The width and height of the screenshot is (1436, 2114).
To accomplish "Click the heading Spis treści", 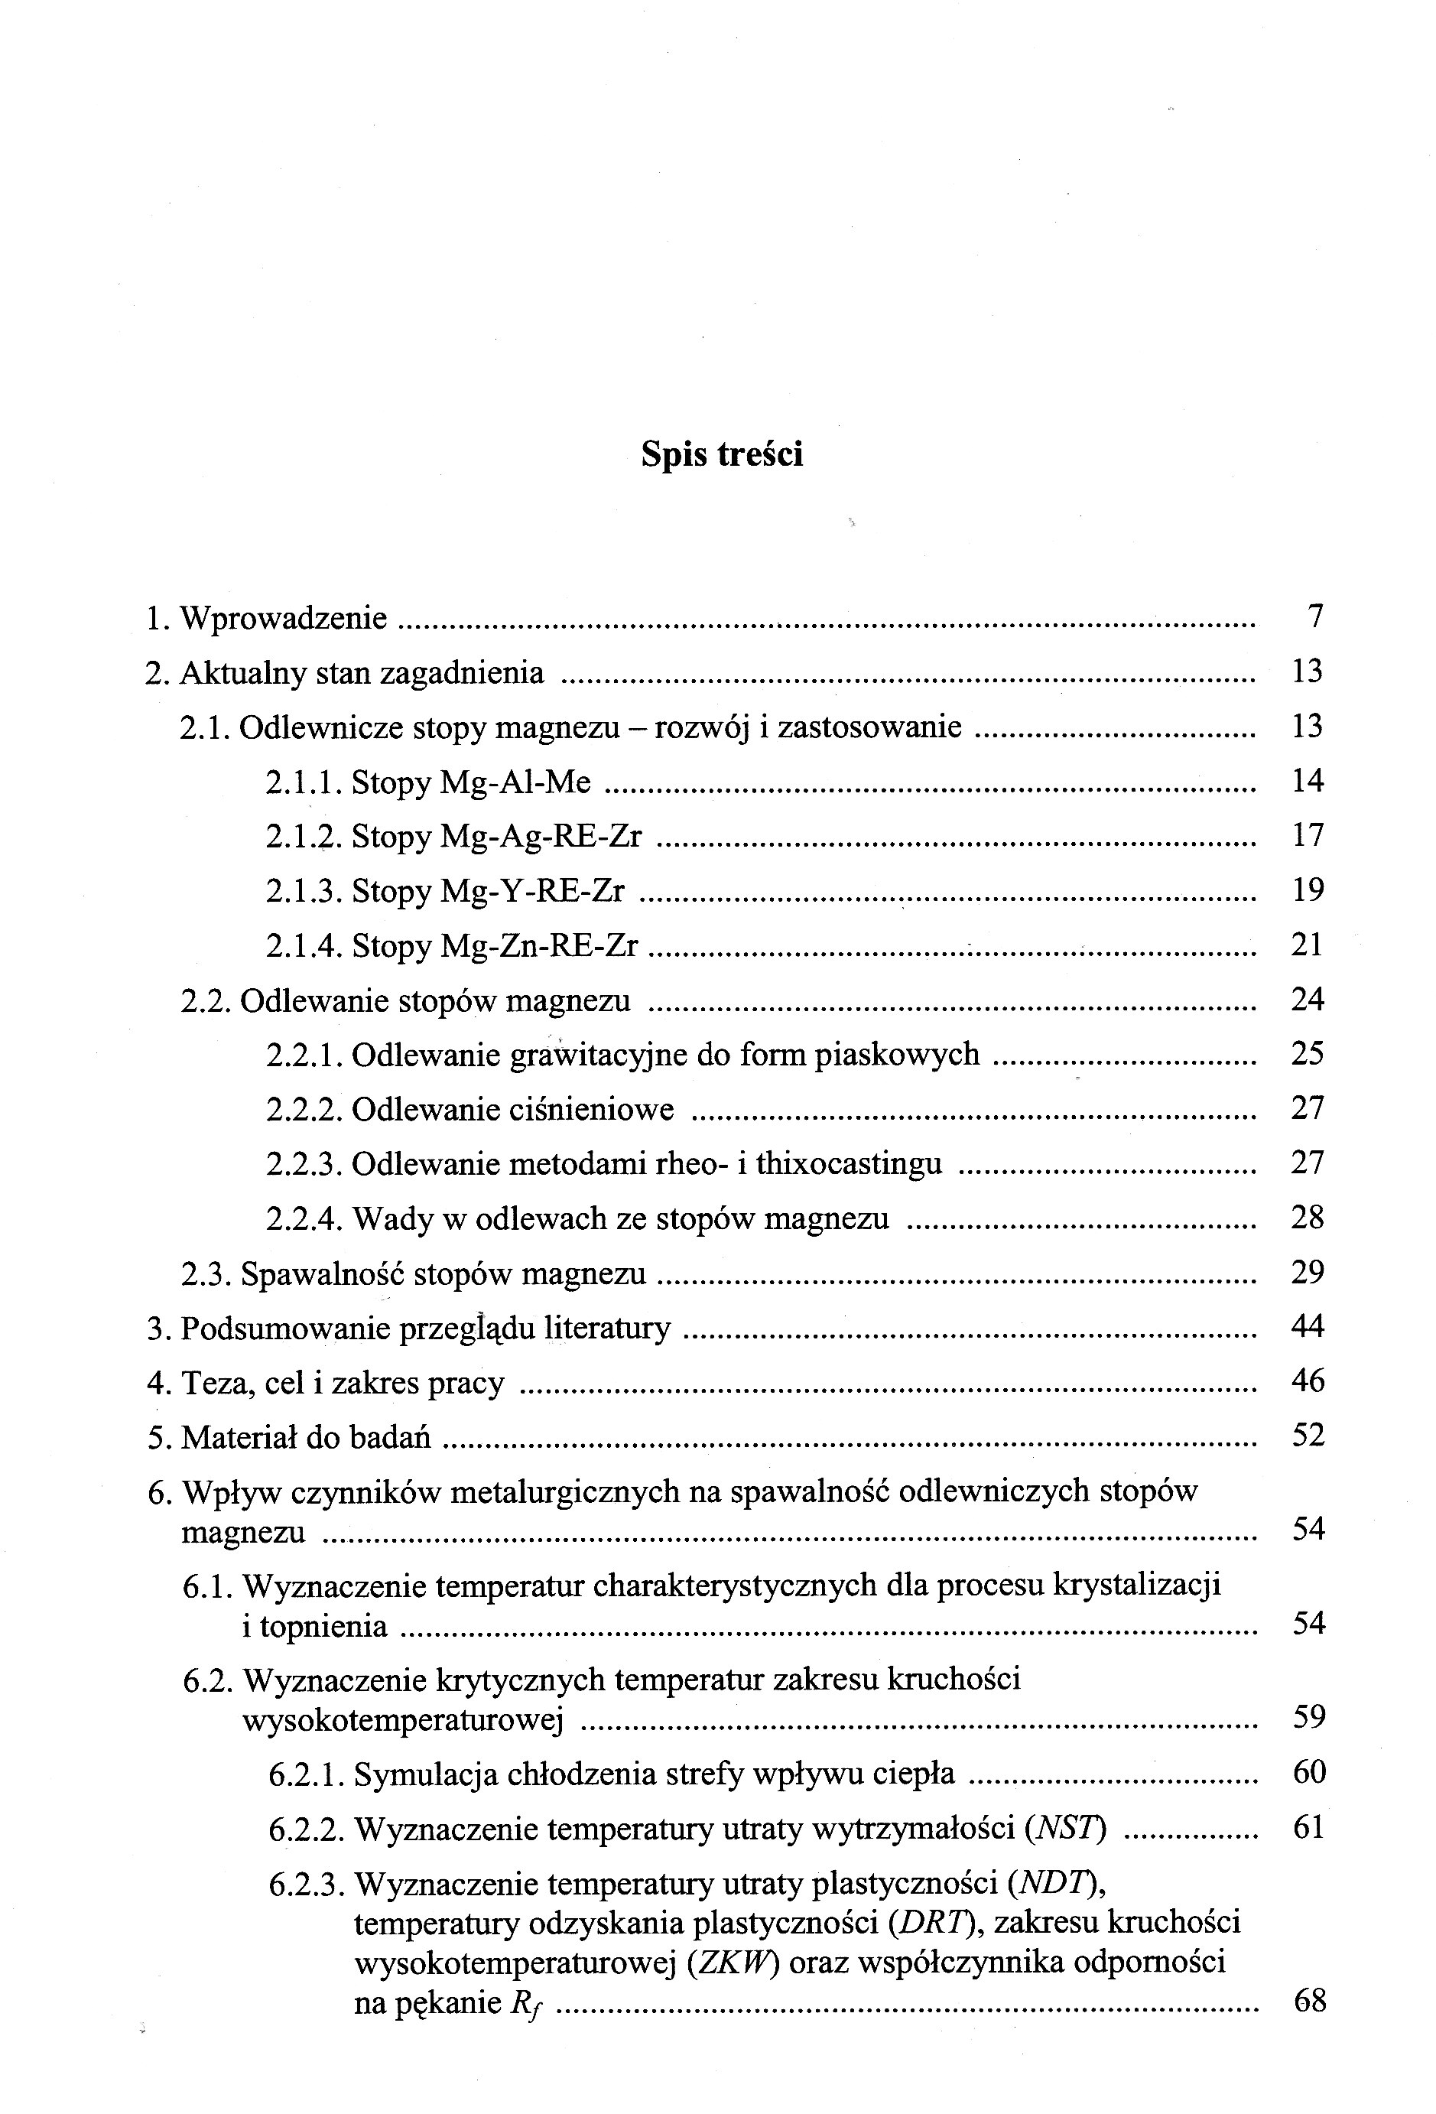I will coord(721,454).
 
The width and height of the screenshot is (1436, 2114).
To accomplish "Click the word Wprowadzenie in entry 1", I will coord(283,619).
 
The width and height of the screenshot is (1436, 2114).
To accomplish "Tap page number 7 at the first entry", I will coord(1314,616).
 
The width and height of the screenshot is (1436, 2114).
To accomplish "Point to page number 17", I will coord(1307,835).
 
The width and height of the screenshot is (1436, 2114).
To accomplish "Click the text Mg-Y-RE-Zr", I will coord(532,890).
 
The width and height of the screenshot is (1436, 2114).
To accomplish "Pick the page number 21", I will coord(1307,945).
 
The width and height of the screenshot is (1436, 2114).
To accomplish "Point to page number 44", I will coord(1307,1326).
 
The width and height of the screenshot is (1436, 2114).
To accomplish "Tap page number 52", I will coord(1308,1436).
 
